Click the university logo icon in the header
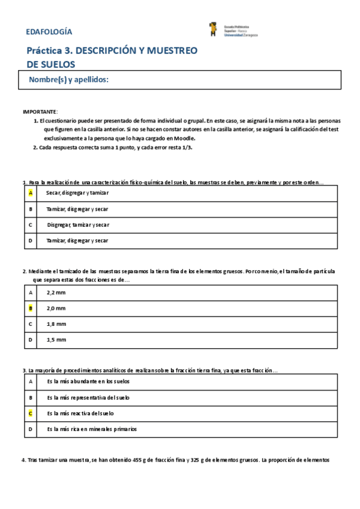click(212, 29)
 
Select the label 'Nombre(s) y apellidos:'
click(68, 80)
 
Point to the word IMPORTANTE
click(40, 112)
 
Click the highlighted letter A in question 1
click(31, 193)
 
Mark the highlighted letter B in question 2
click(31, 308)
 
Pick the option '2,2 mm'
click(56, 292)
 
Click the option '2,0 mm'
click(56, 308)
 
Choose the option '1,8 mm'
click(56, 324)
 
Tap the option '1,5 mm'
click(56, 340)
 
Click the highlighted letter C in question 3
click(31, 414)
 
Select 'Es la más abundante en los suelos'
click(88, 382)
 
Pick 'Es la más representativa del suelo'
click(88, 397)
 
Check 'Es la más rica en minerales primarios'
click(91, 429)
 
